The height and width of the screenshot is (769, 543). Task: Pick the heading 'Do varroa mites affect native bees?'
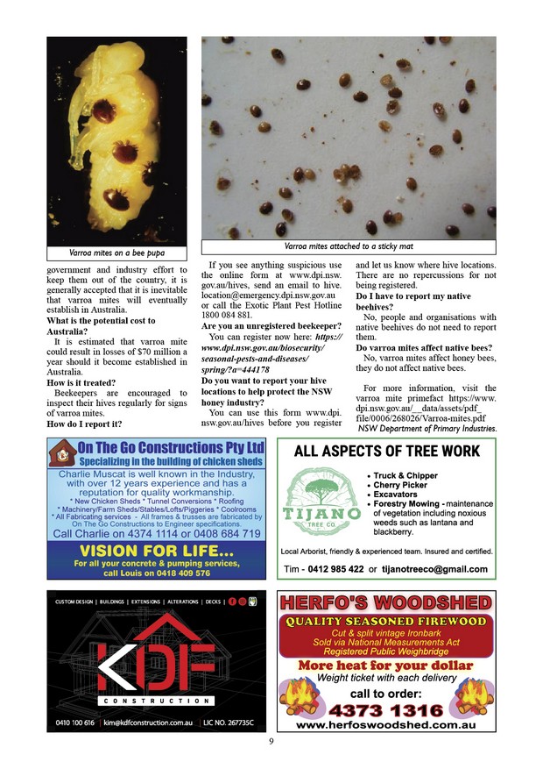pyautogui.click(x=424, y=348)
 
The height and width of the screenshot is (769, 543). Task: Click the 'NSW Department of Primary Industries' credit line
pyautogui.click(x=427, y=429)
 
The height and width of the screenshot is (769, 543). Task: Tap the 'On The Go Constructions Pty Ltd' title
pyautogui.click(x=171, y=447)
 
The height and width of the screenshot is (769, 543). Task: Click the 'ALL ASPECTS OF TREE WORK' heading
pyautogui.click(x=387, y=452)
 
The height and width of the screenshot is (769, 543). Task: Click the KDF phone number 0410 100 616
pyautogui.click(x=74, y=723)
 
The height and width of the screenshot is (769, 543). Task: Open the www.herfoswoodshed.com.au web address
pyautogui.click(x=385, y=725)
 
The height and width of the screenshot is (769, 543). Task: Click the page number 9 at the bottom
pyautogui.click(x=271, y=741)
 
